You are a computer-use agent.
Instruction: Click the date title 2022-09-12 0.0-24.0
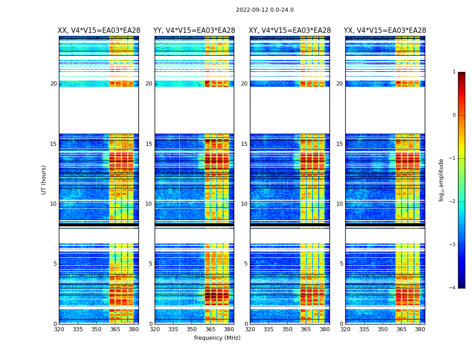(x=264, y=10)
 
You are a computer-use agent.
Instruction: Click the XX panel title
(x=99, y=31)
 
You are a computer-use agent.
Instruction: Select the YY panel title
(x=194, y=31)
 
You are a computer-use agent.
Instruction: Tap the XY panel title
(x=289, y=31)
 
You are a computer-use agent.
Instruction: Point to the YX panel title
(x=385, y=31)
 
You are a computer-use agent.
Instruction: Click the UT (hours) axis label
(x=44, y=180)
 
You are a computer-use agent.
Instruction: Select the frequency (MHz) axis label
(x=217, y=338)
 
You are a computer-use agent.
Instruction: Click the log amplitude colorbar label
(x=441, y=180)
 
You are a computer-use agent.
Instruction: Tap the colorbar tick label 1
(x=454, y=72)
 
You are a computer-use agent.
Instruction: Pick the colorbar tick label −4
(x=453, y=288)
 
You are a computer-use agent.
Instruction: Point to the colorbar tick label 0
(x=454, y=115)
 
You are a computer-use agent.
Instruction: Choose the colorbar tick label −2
(x=453, y=202)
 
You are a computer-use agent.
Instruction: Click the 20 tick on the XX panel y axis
(x=53, y=84)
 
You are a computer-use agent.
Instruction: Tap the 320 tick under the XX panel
(x=59, y=329)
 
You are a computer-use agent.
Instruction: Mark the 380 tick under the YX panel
(x=420, y=329)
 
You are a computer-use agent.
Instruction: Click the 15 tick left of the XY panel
(x=245, y=144)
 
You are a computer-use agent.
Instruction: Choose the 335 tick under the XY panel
(x=269, y=329)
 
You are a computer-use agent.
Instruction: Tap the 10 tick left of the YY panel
(x=149, y=204)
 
